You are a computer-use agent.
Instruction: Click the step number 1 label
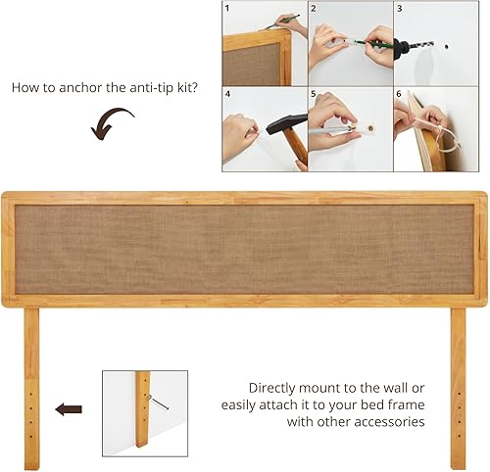[227, 9]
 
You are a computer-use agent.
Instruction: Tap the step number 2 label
[315, 9]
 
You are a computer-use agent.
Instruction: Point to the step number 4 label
[227, 96]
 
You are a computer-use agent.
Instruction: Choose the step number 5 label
[315, 96]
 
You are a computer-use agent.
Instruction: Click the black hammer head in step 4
[277, 127]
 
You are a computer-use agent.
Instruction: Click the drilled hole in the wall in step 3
[445, 45]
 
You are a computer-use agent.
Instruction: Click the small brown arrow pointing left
[69, 408]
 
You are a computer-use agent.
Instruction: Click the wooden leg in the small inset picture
[142, 408]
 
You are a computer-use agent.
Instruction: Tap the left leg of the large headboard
[31, 387]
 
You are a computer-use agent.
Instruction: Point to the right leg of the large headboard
[458, 387]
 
